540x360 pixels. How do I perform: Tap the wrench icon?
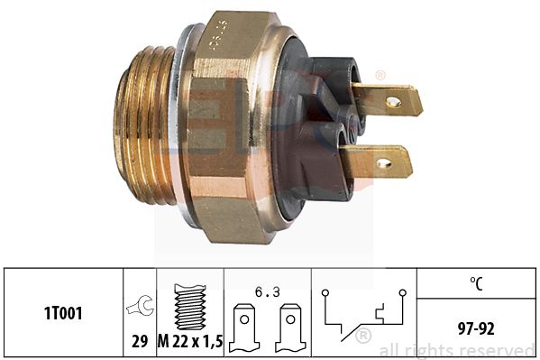(140, 307)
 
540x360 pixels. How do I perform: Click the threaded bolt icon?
(189, 306)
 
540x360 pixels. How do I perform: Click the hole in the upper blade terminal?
(393, 101)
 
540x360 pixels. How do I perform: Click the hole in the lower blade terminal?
(384, 163)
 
